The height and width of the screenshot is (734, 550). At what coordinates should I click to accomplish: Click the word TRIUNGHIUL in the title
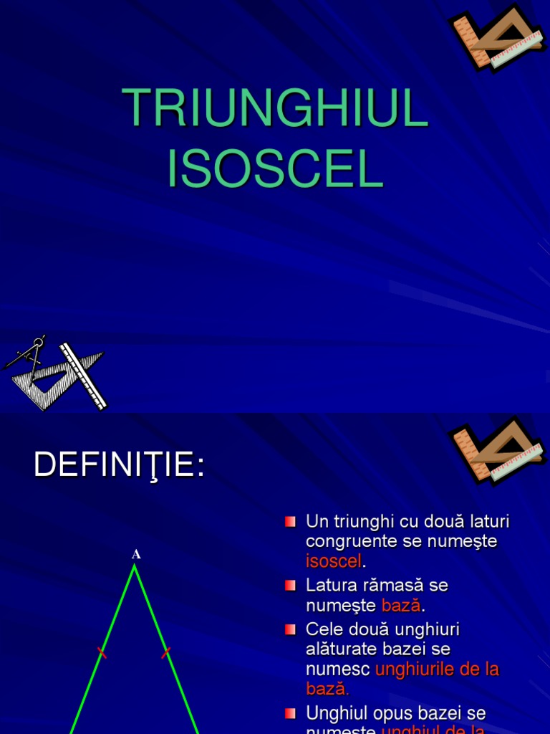[x=275, y=109]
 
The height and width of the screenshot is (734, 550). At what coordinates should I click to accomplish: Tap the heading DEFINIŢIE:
[x=119, y=466]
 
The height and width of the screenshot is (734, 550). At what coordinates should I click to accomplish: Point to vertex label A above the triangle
[x=135, y=554]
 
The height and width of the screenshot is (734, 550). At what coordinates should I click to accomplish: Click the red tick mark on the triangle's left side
[x=102, y=653]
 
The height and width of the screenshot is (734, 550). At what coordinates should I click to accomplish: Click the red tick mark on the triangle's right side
[x=166, y=652]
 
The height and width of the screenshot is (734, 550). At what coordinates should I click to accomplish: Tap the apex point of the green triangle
[x=134, y=566]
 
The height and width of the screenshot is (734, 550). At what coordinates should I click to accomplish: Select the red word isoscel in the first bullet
[x=334, y=561]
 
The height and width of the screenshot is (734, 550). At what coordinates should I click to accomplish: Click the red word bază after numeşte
[x=401, y=605]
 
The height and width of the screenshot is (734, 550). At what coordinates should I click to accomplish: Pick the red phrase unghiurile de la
[x=437, y=669]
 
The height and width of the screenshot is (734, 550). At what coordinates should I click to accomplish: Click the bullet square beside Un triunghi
[x=290, y=521]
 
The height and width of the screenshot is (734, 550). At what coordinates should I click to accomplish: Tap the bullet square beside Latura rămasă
[x=290, y=586]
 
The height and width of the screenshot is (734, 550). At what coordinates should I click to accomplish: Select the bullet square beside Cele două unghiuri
[x=290, y=629]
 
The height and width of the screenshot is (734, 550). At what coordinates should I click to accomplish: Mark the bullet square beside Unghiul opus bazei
[x=290, y=713]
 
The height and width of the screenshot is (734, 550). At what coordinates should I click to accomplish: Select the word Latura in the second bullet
[x=330, y=585]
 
